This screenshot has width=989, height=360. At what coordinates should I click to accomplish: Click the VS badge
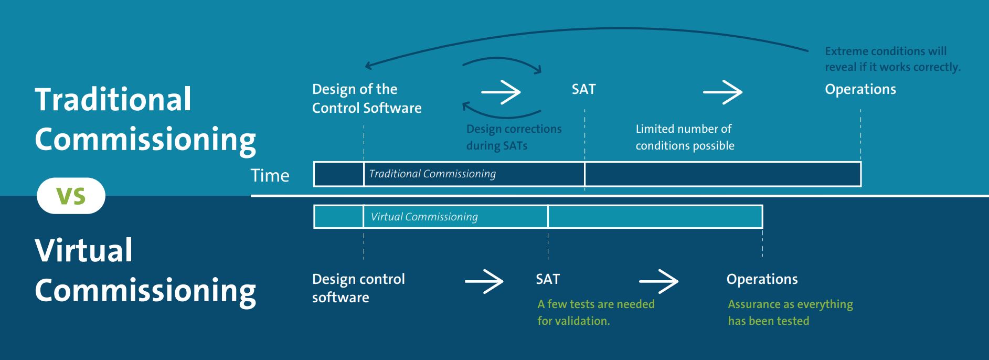[71, 196]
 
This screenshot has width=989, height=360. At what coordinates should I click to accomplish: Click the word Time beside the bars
[270, 175]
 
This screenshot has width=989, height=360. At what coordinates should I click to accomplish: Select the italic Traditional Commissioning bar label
[432, 174]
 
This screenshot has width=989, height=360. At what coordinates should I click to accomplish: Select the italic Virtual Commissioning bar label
[424, 217]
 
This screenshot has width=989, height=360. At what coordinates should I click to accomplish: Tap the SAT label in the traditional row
[583, 89]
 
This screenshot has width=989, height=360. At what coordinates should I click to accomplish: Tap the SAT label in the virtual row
[548, 279]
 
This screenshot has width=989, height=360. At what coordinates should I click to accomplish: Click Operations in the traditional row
[860, 89]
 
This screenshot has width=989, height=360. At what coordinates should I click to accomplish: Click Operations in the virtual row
[762, 279]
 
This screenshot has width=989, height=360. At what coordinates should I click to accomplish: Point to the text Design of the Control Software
[366, 98]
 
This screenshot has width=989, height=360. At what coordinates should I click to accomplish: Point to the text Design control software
[358, 288]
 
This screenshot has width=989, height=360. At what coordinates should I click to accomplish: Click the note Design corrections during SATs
[513, 137]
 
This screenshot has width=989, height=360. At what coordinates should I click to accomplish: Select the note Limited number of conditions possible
[684, 137]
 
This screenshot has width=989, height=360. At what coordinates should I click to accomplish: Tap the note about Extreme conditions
[892, 59]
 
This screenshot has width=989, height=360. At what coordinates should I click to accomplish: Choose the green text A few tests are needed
[595, 312]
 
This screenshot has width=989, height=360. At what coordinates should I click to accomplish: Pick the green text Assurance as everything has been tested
[790, 312]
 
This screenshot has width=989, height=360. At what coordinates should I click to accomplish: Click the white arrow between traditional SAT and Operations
[722, 92]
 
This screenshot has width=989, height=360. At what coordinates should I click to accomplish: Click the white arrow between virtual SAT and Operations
[658, 282]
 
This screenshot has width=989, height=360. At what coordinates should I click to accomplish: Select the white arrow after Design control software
[484, 282]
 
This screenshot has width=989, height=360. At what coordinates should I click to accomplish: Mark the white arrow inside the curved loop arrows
[501, 92]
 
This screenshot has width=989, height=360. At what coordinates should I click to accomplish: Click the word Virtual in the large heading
[84, 250]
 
